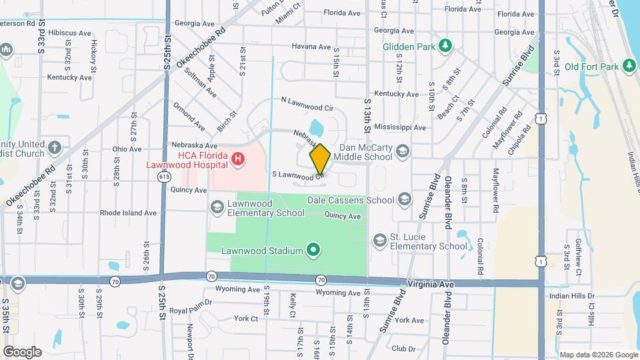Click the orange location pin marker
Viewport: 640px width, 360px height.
[x=320, y=159]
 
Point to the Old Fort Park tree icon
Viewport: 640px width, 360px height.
[x=627, y=66]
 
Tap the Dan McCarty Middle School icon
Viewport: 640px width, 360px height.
[x=402, y=151]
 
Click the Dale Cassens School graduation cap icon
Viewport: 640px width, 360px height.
[x=405, y=199]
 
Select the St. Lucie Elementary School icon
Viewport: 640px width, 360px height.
[x=379, y=240]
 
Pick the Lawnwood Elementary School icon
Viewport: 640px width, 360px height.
[x=217, y=207]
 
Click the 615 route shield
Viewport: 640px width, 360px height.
[x=164, y=175]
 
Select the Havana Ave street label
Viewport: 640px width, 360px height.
[x=311, y=47]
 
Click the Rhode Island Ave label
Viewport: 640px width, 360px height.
[x=128, y=213]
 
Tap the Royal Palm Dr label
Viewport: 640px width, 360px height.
[x=190, y=311]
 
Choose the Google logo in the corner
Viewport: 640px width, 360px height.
[x=22, y=351]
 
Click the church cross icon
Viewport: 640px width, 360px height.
[x=55, y=147]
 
